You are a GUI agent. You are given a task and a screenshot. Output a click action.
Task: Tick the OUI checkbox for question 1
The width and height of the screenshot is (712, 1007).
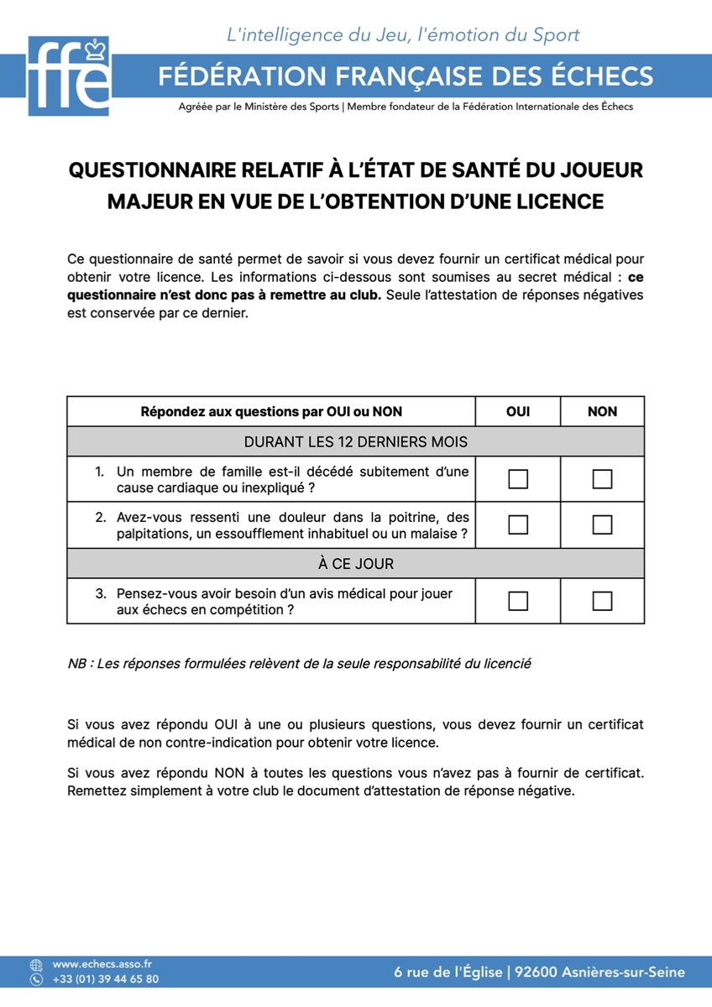[x=518, y=479]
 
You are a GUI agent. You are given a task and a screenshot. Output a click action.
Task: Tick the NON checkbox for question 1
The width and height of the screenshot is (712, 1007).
[x=602, y=479]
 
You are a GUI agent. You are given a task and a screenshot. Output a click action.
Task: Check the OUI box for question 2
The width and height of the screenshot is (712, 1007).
[x=518, y=524]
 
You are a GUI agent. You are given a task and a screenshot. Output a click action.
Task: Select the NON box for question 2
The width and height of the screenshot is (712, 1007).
[x=602, y=524]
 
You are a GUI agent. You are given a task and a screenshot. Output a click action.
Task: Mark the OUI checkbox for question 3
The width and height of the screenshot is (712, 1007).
[x=518, y=601]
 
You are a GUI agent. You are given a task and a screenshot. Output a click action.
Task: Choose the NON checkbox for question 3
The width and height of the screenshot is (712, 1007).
[x=602, y=601]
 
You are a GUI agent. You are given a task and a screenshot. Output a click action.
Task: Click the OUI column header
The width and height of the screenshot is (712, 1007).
[x=518, y=411]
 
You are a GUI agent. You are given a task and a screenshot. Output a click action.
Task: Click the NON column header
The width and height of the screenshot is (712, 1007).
[x=602, y=411]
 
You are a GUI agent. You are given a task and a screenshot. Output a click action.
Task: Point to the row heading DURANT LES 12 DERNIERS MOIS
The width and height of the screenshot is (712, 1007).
[x=355, y=441]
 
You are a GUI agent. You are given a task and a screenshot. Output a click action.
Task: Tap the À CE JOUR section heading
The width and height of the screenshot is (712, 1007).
[x=355, y=564]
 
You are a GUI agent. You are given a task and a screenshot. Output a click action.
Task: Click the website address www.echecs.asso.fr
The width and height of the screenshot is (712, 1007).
[x=102, y=965]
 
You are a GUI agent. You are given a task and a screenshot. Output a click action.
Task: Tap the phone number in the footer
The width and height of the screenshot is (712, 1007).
[x=105, y=979]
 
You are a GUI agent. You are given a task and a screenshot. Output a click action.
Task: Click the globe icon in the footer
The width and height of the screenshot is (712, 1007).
[x=36, y=965]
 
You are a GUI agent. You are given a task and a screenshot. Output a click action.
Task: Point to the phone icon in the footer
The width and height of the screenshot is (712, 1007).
[x=36, y=979]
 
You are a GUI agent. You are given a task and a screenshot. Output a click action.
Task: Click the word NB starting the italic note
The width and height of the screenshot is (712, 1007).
[x=77, y=664]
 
